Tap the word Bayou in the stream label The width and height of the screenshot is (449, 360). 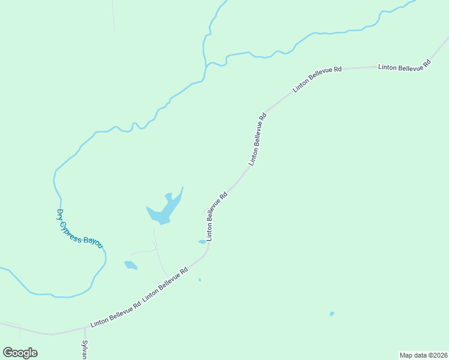pyautogui.click(x=93, y=241)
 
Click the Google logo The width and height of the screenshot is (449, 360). pyautogui.click(x=20, y=353)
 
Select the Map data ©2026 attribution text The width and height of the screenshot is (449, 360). pyautogui.click(x=423, y=355)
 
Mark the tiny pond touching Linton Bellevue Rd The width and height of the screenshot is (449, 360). pyautogui.click(x=202, y=242)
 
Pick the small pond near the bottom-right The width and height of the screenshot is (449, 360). pyautogui.click(x=332, y=313)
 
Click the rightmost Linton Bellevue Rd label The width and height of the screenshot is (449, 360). pyautogui.click(x=405, y=65)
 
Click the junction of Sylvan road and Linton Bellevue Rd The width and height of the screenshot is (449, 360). pyautogui.click(x=85, y=328)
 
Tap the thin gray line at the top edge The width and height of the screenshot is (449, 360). pyautogui.click(x=113, y=15)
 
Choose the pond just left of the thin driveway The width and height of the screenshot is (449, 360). pyautogui.click(x=130, y=265)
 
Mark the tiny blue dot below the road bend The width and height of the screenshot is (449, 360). pyautogui.click(x=200, y=280)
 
